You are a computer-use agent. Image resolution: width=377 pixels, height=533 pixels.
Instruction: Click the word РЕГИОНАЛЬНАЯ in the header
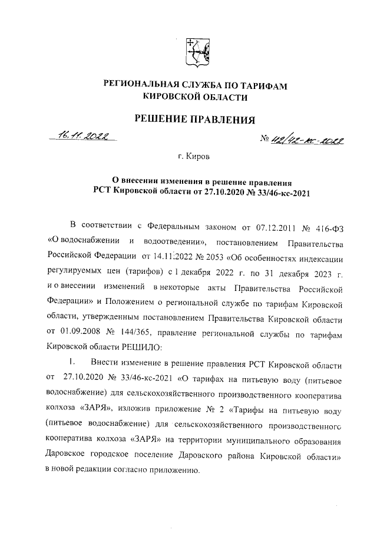pyautogui.click(x=141, y=86)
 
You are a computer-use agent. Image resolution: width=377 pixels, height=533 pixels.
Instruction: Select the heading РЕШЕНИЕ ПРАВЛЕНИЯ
pyautogui.click(x=195, y=120)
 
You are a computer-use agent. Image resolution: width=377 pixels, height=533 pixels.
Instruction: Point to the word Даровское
pyautogui.click(x=70, y=455)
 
